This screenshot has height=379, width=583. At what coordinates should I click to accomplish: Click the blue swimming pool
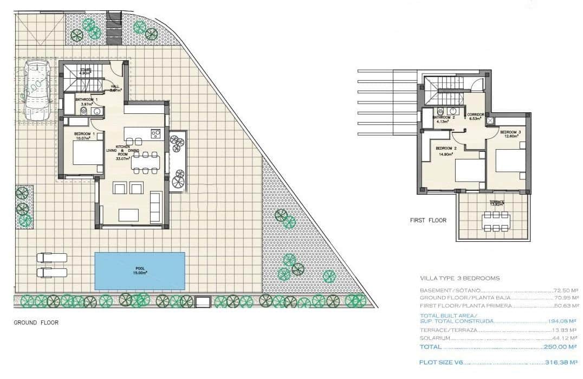pyautogui.click(x=140, y=271)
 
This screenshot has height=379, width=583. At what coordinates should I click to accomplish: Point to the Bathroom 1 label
pyautogui.click(x=86, y=100)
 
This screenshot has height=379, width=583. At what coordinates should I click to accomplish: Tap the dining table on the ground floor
pyautogui.click(x=146, y=163)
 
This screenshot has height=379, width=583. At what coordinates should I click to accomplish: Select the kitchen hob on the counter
pyautogui.click(x=156, y=133)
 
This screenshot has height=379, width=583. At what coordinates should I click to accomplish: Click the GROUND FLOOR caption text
pyautogui.click(x=36, y=323)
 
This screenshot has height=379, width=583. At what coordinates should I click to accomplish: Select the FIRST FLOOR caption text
pyautogui.click(x=428, y=221)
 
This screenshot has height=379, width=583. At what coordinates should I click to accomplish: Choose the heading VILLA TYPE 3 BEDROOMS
pyautogui.click(x=459, y=278)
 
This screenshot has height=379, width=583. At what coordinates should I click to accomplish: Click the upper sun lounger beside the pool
pyautogui.click(x=52, y=258)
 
